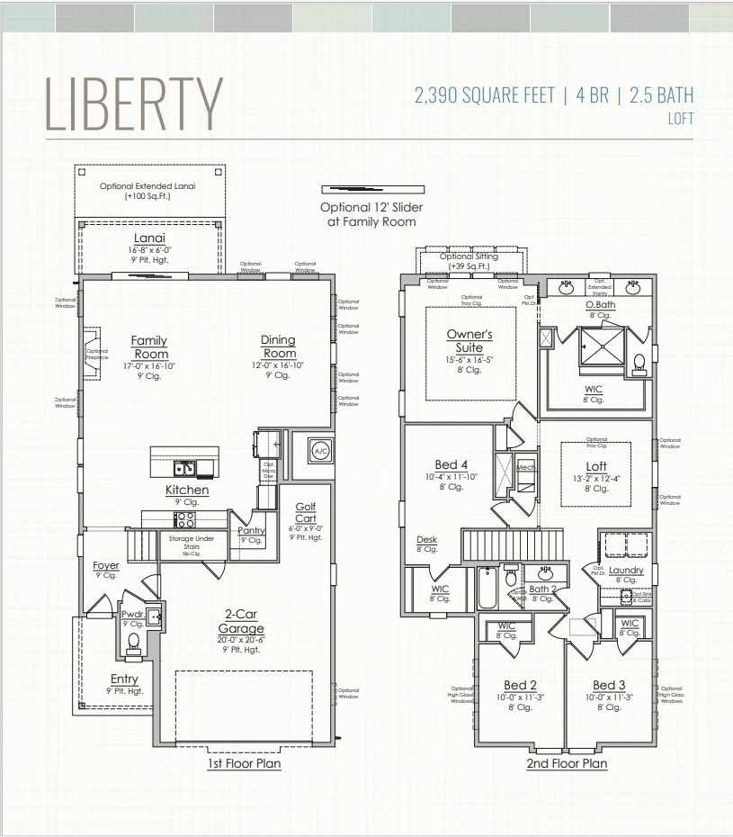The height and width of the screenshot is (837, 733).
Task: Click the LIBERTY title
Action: tap(134, 103)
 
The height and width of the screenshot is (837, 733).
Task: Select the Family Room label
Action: tap(149, 346)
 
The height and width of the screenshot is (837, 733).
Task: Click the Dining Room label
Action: tap(278, 346)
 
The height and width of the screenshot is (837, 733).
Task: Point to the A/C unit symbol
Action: tap(321, 449)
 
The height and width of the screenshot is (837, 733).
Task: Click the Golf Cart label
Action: tap(306, 513)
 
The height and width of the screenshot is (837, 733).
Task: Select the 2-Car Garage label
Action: tap(241, 622)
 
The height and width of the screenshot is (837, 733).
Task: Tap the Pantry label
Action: tap(251, 531)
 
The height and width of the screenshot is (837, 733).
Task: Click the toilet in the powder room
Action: tap(134, 643)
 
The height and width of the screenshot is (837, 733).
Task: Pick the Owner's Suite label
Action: tap(469, 340)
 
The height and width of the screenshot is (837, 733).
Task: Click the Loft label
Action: tap(596, 466)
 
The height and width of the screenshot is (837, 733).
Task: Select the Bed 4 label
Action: tap(451, 465)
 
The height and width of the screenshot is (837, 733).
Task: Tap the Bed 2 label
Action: tap(520, 685)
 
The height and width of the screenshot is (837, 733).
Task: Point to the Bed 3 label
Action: tap(609, 685)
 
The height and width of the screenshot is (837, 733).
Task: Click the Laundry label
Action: tap(626, 570)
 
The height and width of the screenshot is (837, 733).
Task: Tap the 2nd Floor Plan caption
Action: tap(567, 763)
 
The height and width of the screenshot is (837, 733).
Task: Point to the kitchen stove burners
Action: tap(184, 519)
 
